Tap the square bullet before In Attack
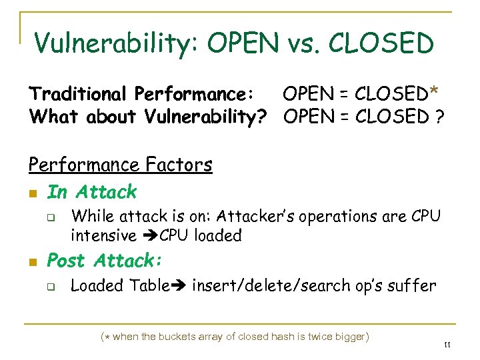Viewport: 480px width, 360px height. [32, 194]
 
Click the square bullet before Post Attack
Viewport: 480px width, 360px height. [32, 262]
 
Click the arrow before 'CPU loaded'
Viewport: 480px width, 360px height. [147, 235]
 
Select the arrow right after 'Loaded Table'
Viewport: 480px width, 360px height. [178, 286]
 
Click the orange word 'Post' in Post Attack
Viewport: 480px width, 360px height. [68, 260]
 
